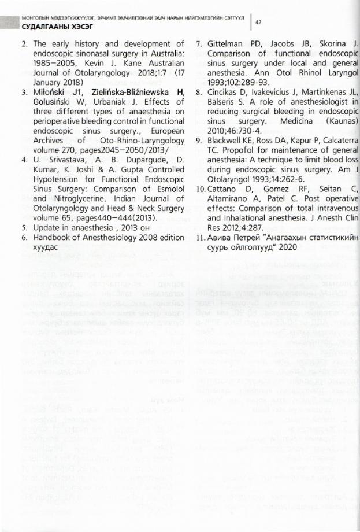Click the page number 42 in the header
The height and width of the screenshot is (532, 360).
pos(259,22)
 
